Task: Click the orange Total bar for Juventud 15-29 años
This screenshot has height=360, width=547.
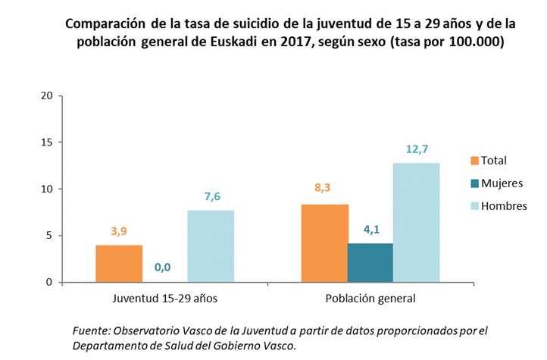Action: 119,263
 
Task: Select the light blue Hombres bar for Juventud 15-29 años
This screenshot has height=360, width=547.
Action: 211,246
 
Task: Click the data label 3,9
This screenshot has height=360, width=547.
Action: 119,231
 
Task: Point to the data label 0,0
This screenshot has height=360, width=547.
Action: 162,267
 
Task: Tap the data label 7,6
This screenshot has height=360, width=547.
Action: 211,196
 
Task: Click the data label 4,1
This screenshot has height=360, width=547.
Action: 370,230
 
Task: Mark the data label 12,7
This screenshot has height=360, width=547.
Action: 416,149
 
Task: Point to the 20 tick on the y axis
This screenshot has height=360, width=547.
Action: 47,95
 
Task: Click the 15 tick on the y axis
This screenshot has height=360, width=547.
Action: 47,142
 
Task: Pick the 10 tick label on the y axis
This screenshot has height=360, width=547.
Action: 47,189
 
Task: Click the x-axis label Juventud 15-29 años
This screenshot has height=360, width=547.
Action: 164,298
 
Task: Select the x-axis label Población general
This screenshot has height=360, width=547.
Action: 370,298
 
